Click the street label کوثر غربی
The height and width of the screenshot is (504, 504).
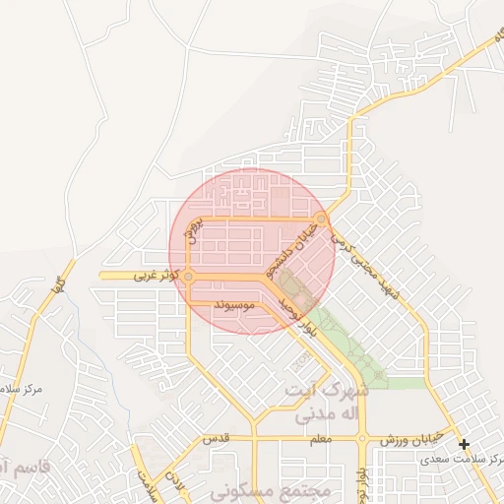point(158,277)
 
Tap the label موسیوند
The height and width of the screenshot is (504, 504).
point(235,305)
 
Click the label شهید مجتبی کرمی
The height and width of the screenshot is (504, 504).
point(368,258)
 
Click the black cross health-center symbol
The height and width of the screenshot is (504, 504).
point(465,444)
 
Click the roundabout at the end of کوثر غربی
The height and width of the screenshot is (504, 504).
point(188,277)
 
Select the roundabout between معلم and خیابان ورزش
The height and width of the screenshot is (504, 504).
point(362,437)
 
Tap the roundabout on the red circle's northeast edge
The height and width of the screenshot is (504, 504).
point(322,219)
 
